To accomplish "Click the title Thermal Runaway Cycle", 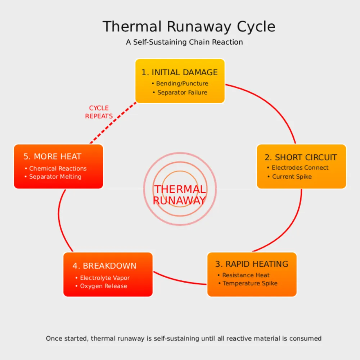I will click(x=189, y=27).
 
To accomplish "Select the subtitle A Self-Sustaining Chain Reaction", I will click(x=184, y=42).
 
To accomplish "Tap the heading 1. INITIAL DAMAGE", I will click(x=180, y=72).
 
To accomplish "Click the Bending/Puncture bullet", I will click(x=182, y=84).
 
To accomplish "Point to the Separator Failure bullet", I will click(x=182, y=93).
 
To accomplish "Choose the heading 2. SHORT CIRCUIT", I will click(x=301, y=157).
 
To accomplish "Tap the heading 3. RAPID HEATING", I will click(x=252, y=264).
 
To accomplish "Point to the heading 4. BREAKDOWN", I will click(x=104, y=266).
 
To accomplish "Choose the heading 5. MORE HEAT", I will click(x=53, y=157).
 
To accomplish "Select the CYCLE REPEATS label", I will click(x=99, y=112).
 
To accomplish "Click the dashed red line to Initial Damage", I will click(x=113, y=123).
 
